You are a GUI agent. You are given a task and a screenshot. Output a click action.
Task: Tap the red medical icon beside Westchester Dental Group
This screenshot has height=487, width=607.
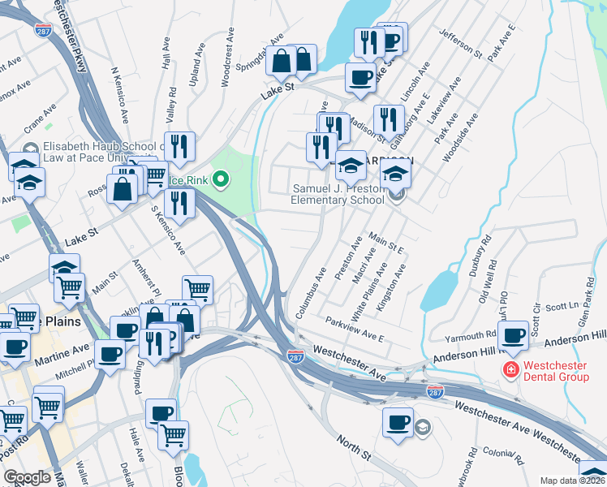tap(511, 371)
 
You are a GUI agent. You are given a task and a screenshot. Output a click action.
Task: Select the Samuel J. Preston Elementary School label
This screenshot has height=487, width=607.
tap(338, 194)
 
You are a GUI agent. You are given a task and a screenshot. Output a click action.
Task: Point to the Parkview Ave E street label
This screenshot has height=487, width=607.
tap(354, 327)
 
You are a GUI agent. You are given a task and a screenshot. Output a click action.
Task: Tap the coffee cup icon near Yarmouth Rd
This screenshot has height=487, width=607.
tap(513, 336)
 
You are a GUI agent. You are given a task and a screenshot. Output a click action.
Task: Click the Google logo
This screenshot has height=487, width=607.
tap(28, 477)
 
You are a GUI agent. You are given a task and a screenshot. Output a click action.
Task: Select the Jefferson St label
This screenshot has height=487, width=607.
tap(460, 41)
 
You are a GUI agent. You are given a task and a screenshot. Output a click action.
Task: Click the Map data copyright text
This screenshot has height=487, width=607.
tap(573, 481)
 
